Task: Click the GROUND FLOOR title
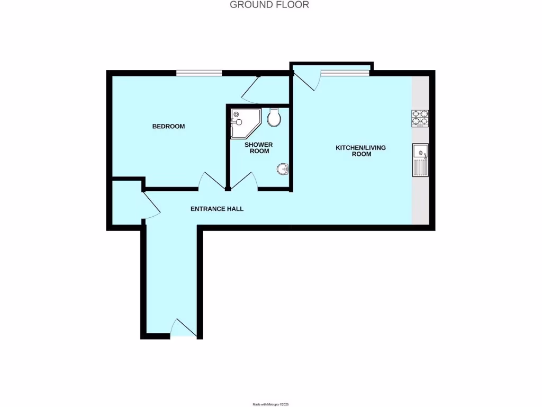click(x=269, y=5)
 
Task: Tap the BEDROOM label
click(x=168, y=126)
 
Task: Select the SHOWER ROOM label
click(x=258, y=148)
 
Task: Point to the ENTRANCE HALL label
click(x=217, y=209)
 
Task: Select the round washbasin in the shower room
click(x=283, y=169)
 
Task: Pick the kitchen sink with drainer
click(x=421, y=160)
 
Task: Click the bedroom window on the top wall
click(x=199, y=73)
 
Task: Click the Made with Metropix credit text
click(x=270, y=404)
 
